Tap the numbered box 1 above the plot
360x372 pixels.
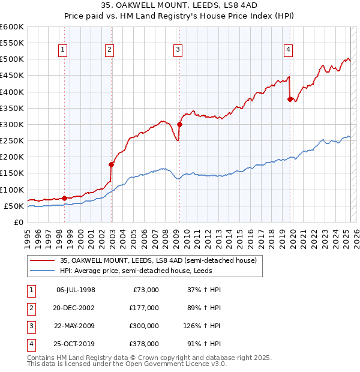[64, 50]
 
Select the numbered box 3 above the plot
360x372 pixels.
[178, 50]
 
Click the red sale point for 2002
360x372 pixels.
[111, 164]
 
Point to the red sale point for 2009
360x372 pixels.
[179, 124]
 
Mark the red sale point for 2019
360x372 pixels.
[290, 99]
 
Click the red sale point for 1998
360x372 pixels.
[64, 198]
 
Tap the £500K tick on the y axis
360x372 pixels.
[12, 59]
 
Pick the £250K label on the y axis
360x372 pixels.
[12, 140]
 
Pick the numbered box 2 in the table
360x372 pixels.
[29, 308]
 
